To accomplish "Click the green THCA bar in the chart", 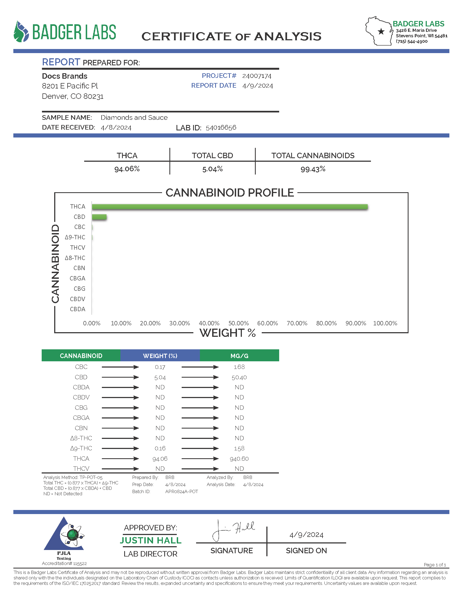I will tap(230, 207).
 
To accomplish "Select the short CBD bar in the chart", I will tap(99, 217).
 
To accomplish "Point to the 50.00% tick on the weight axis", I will tap(238, 323).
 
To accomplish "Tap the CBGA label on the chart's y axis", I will tap(77, 278).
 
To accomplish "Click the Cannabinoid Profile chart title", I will tap(230, 193).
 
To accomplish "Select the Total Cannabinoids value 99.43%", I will tap(313, 169).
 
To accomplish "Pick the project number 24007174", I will tap(257, 76).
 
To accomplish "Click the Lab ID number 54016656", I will tap(221, 127).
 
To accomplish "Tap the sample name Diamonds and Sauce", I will tap(134, 118).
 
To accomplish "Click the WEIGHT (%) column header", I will tap(160, 356).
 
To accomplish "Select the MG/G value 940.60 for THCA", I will tap(239, 459).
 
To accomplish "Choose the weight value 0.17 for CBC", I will tap(160, 367).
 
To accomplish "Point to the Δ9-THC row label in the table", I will tap(81, 448).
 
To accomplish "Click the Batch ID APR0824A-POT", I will tap(182, 491).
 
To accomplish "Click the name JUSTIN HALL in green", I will tap(151, 540).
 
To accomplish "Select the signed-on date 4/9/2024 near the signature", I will tap(306, 534).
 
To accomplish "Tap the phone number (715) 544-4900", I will tap(412, 41).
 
